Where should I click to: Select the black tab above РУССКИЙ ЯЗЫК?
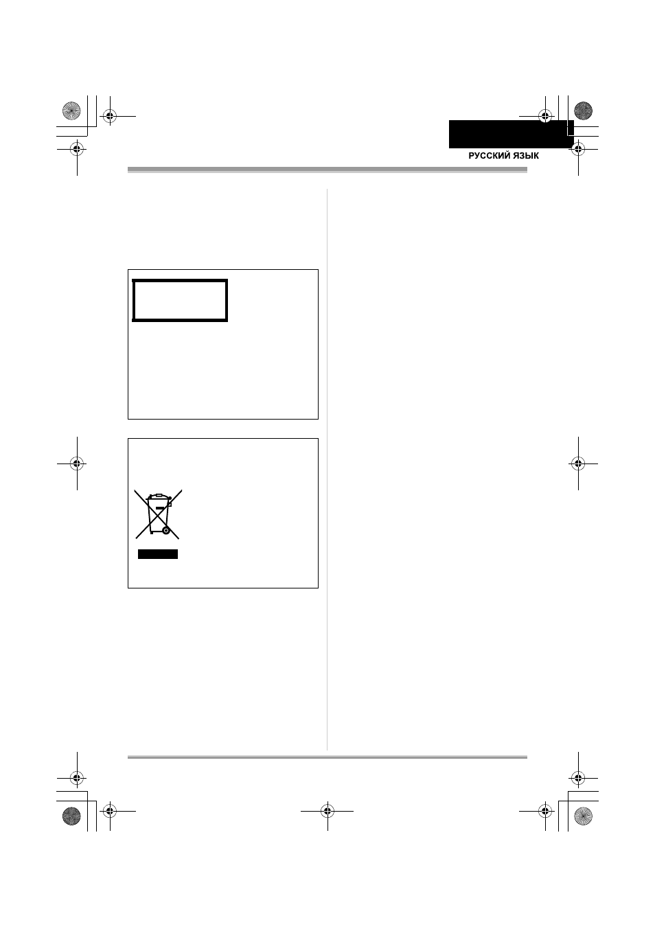(511, 134)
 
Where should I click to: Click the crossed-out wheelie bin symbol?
(158, 514)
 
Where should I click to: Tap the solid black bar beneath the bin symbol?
(158, 554)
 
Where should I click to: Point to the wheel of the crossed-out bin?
(166, 530)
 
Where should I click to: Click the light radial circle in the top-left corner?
(71, 111)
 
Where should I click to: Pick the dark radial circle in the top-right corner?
(583, 111)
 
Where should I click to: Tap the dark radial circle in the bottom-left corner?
(71, 816)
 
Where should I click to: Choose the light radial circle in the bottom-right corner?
(583, 816)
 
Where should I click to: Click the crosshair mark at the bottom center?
(327, 811)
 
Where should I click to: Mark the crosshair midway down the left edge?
(77, 463)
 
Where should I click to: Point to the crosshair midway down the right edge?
(578, 463)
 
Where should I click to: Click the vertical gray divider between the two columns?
(327, 469)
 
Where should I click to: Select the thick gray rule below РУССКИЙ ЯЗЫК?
(327, 170)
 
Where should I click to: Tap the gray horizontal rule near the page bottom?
(327, 757)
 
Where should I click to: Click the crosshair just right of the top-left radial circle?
(110, 116)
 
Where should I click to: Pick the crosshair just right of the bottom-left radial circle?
(110, 811)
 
